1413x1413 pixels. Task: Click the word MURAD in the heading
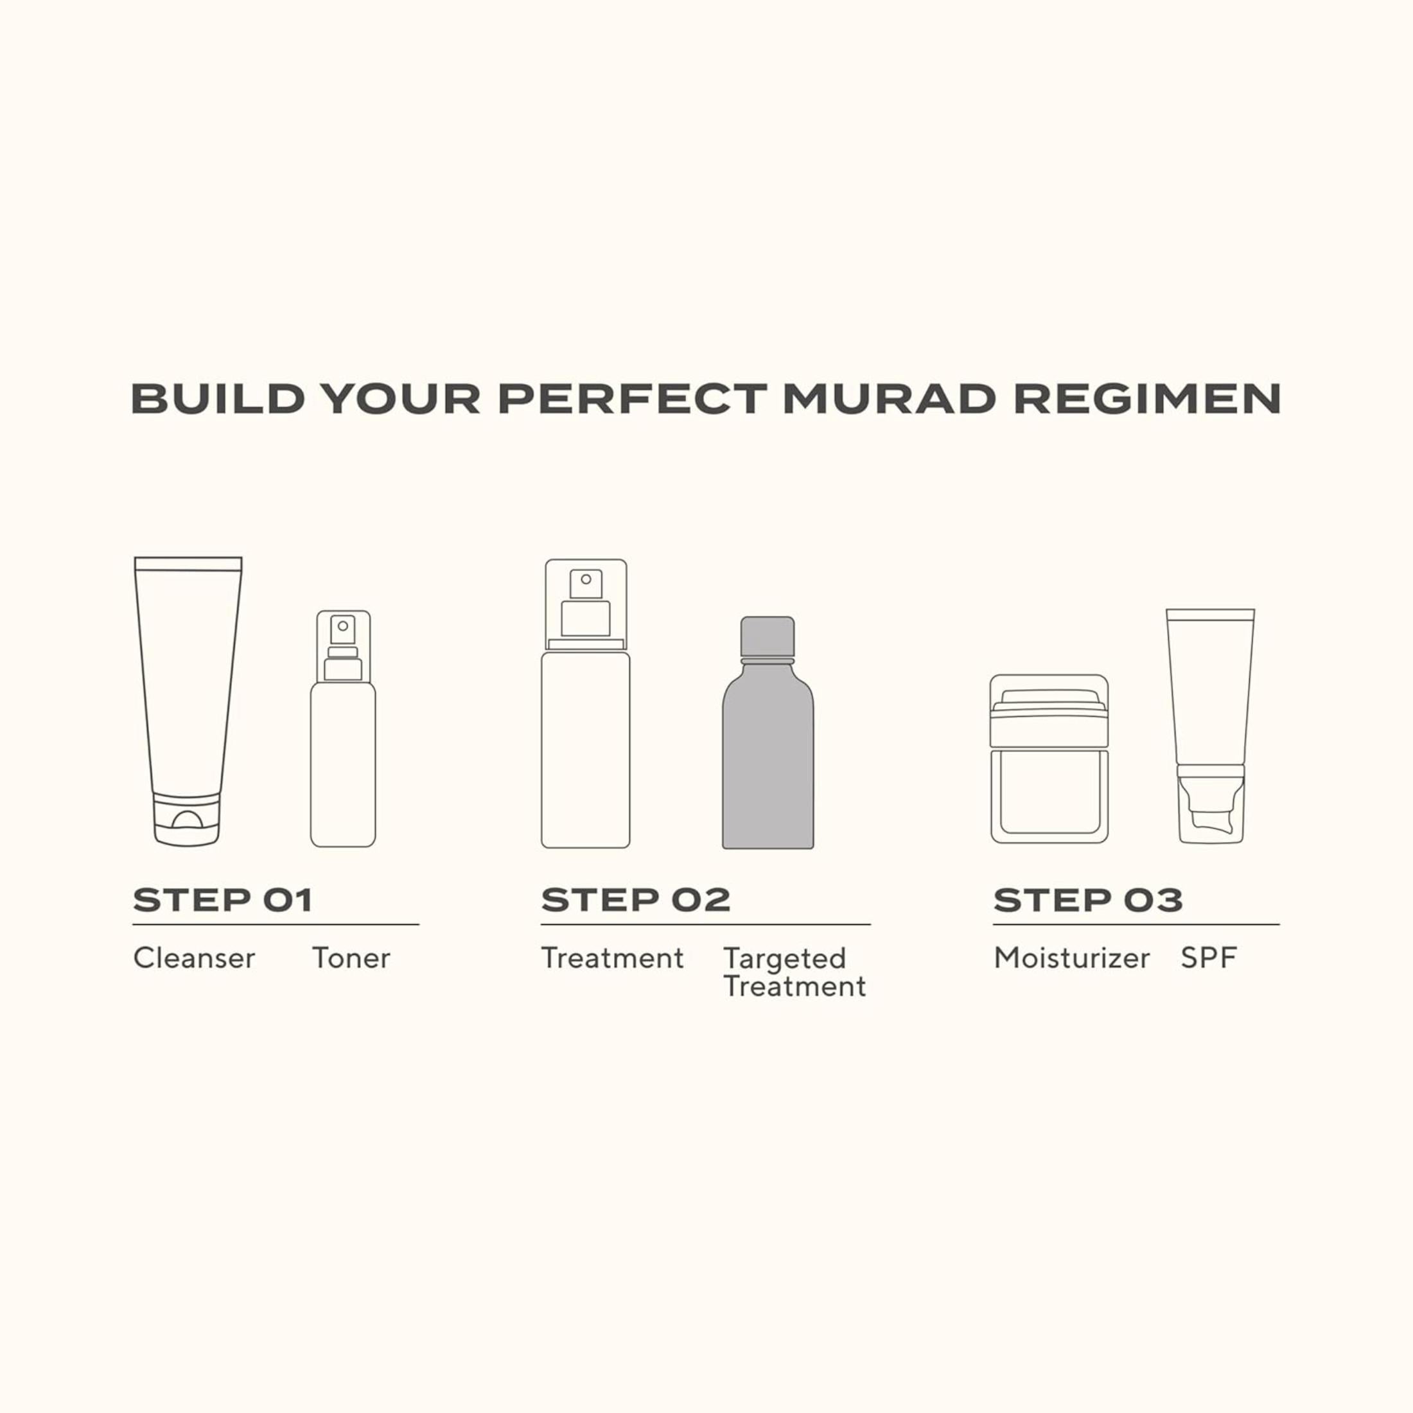(x=890, y=399)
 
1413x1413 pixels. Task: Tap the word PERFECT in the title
(x=633, y=399)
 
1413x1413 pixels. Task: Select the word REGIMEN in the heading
(x=1148, y=399)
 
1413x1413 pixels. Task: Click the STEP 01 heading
(x=223, y=900)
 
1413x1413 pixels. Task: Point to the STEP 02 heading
(x=636, y=900)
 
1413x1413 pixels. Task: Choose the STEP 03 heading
(x=1087, y=900)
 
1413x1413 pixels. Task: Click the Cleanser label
(x=195, y=958)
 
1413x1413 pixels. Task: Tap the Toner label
(x=351, y=958)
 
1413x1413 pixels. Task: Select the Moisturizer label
(x=1071, y=958)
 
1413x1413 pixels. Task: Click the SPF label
(x=1209, y=958)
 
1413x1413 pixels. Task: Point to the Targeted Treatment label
(x=795, y=972)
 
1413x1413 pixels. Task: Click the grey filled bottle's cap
(x=768, y=637)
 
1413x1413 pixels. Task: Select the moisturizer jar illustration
(x=1049, y=759)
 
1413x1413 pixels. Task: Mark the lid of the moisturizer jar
(x=1049, y=711)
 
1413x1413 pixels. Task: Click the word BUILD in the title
(x=217, y=399)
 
